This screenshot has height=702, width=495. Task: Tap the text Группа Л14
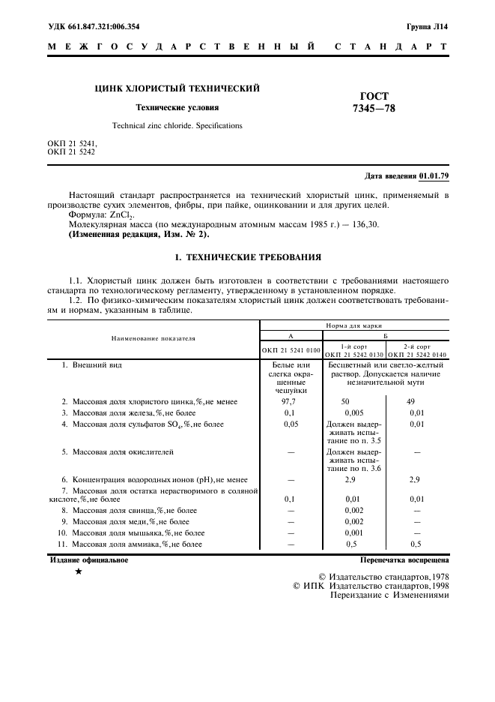tap(428, 26)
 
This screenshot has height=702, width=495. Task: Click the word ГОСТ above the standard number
tap(374, 96)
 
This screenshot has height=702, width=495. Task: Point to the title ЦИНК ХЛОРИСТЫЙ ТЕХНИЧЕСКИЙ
tap(177, 88)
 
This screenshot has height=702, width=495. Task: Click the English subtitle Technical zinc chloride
tap(177, 126)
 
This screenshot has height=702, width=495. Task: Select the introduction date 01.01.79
tap(434, 176)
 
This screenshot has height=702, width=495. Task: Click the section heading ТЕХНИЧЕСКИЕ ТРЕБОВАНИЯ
tap(247, 257)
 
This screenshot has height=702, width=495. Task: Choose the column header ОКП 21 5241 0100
tap(291, 351)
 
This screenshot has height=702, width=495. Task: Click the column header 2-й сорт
tap(416, 346)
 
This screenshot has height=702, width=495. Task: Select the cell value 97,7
tap(291, 402)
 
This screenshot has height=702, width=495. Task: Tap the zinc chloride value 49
tap(410, 402)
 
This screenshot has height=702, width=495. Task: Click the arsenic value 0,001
tap(354, 532)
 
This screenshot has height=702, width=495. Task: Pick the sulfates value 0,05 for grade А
tap(291, 424)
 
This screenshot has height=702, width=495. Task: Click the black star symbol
tap(79, 571)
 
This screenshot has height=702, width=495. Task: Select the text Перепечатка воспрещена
tap(404, 559)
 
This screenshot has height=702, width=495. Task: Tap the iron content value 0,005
tap(354, 413)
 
